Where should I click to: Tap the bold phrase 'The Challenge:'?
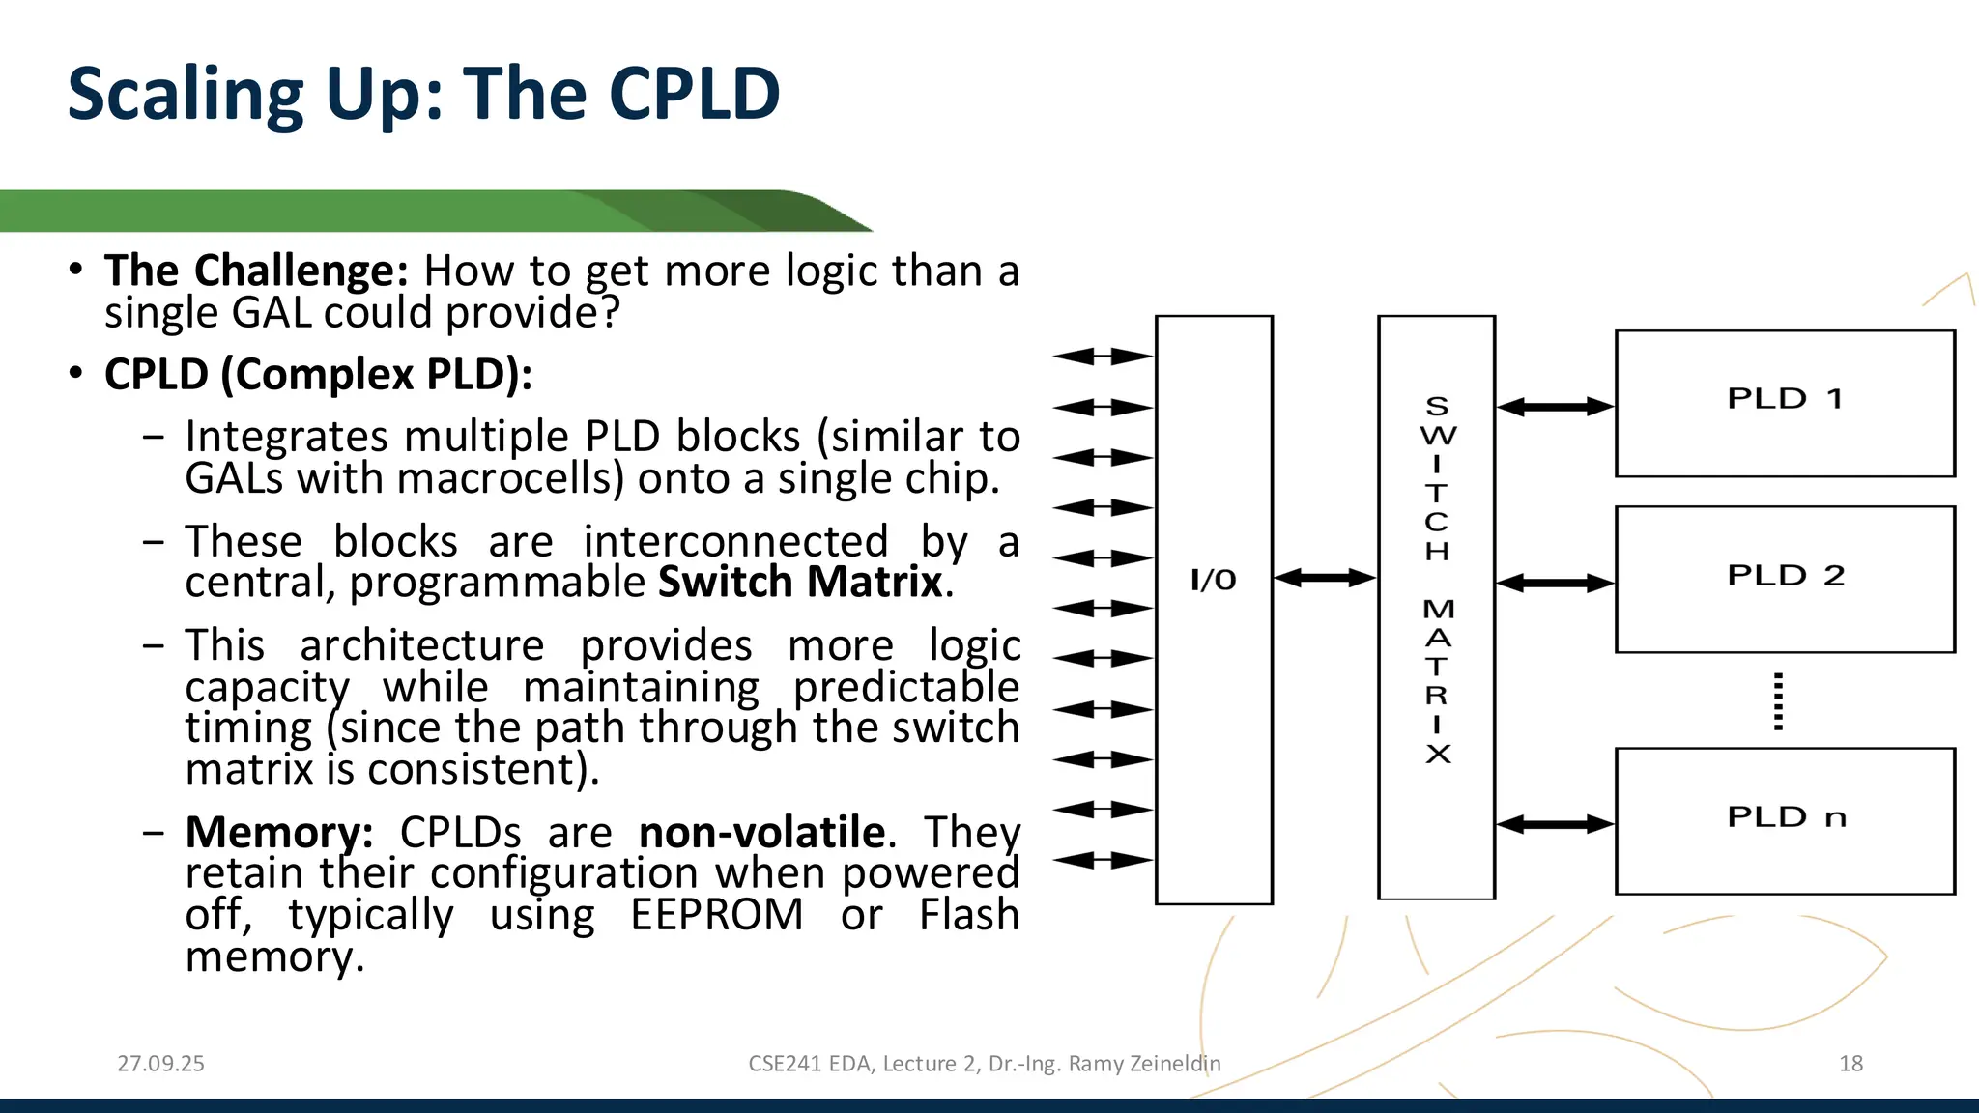click(257, 271)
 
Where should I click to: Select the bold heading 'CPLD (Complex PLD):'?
click(318, 374)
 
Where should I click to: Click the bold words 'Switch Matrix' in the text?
click(800, 583)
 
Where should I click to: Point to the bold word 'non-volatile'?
click(761, 832)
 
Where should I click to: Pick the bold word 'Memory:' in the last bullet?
click(279, 832)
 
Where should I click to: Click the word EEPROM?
click(716, 915)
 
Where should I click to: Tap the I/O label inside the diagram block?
click(1213, 580)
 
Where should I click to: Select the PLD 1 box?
click(1785, 402)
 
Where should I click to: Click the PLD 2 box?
click(1785, 579)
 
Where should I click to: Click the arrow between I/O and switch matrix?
click(1325, 578)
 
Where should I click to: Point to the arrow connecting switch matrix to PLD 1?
click(1555, 407)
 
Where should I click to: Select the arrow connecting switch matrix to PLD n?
click(1555, 824)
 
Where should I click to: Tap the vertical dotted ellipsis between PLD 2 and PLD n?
click(1778, 701)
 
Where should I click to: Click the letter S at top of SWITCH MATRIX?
click(1437, 406)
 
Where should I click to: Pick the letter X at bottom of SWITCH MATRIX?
click(1438, 754)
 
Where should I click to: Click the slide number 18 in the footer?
click(1850, 1064)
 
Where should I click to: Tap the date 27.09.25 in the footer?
click(160, 1064)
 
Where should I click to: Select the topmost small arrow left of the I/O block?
click(1102, 357)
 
